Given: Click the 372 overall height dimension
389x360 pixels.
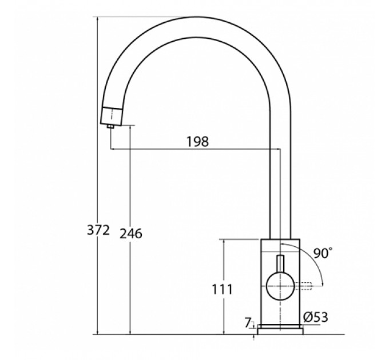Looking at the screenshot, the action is [98, 230].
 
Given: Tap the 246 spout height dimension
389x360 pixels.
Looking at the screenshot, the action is [131, 234].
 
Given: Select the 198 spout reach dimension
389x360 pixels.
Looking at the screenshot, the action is [197, 142].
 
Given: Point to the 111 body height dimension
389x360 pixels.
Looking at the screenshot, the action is [223, 289].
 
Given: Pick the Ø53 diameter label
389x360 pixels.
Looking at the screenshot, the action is [316, 317].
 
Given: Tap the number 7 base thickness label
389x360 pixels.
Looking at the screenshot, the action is [248, 323].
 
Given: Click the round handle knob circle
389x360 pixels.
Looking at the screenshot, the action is [280, 286].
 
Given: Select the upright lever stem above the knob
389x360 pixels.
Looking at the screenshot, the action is [280, 263].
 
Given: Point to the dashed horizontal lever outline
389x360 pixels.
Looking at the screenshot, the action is [303, 286].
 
